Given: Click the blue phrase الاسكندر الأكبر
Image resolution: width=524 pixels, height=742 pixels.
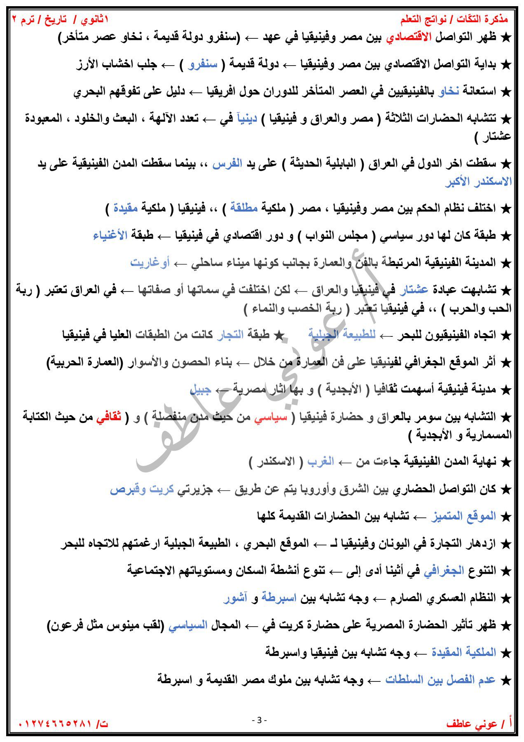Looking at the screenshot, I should tap(478, 182).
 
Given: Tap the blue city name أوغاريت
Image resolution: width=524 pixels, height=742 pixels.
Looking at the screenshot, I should tap(150, 263).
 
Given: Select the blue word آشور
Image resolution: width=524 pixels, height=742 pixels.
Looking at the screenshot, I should tap(235, 598).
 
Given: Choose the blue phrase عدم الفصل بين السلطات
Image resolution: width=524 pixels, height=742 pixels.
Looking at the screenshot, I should tap(440, 680).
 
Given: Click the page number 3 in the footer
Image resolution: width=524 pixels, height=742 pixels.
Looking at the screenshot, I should tap(259, 720).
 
